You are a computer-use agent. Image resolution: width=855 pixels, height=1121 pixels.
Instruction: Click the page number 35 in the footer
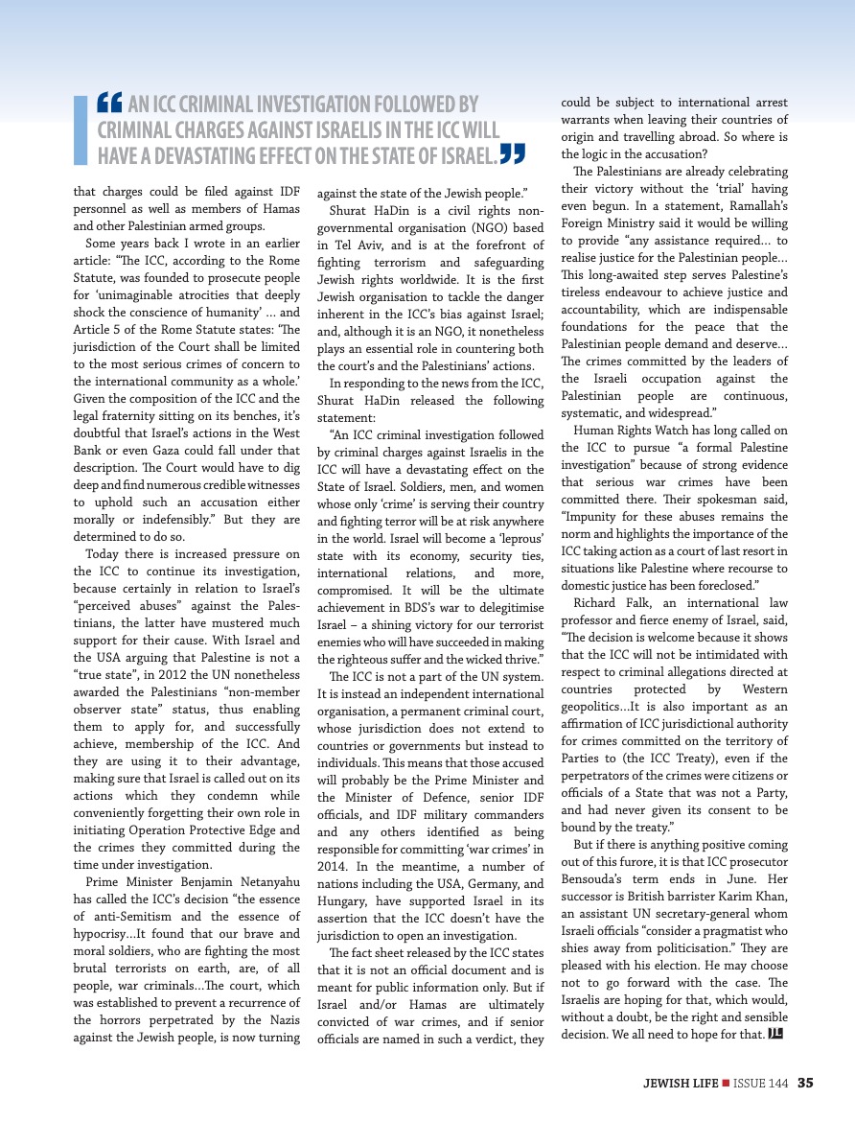pos(805,1083)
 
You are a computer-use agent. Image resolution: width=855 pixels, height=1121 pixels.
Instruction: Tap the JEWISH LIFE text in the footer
pos(681,1083)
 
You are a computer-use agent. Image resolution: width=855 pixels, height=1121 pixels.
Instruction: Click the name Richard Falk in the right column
pos(608,603)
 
